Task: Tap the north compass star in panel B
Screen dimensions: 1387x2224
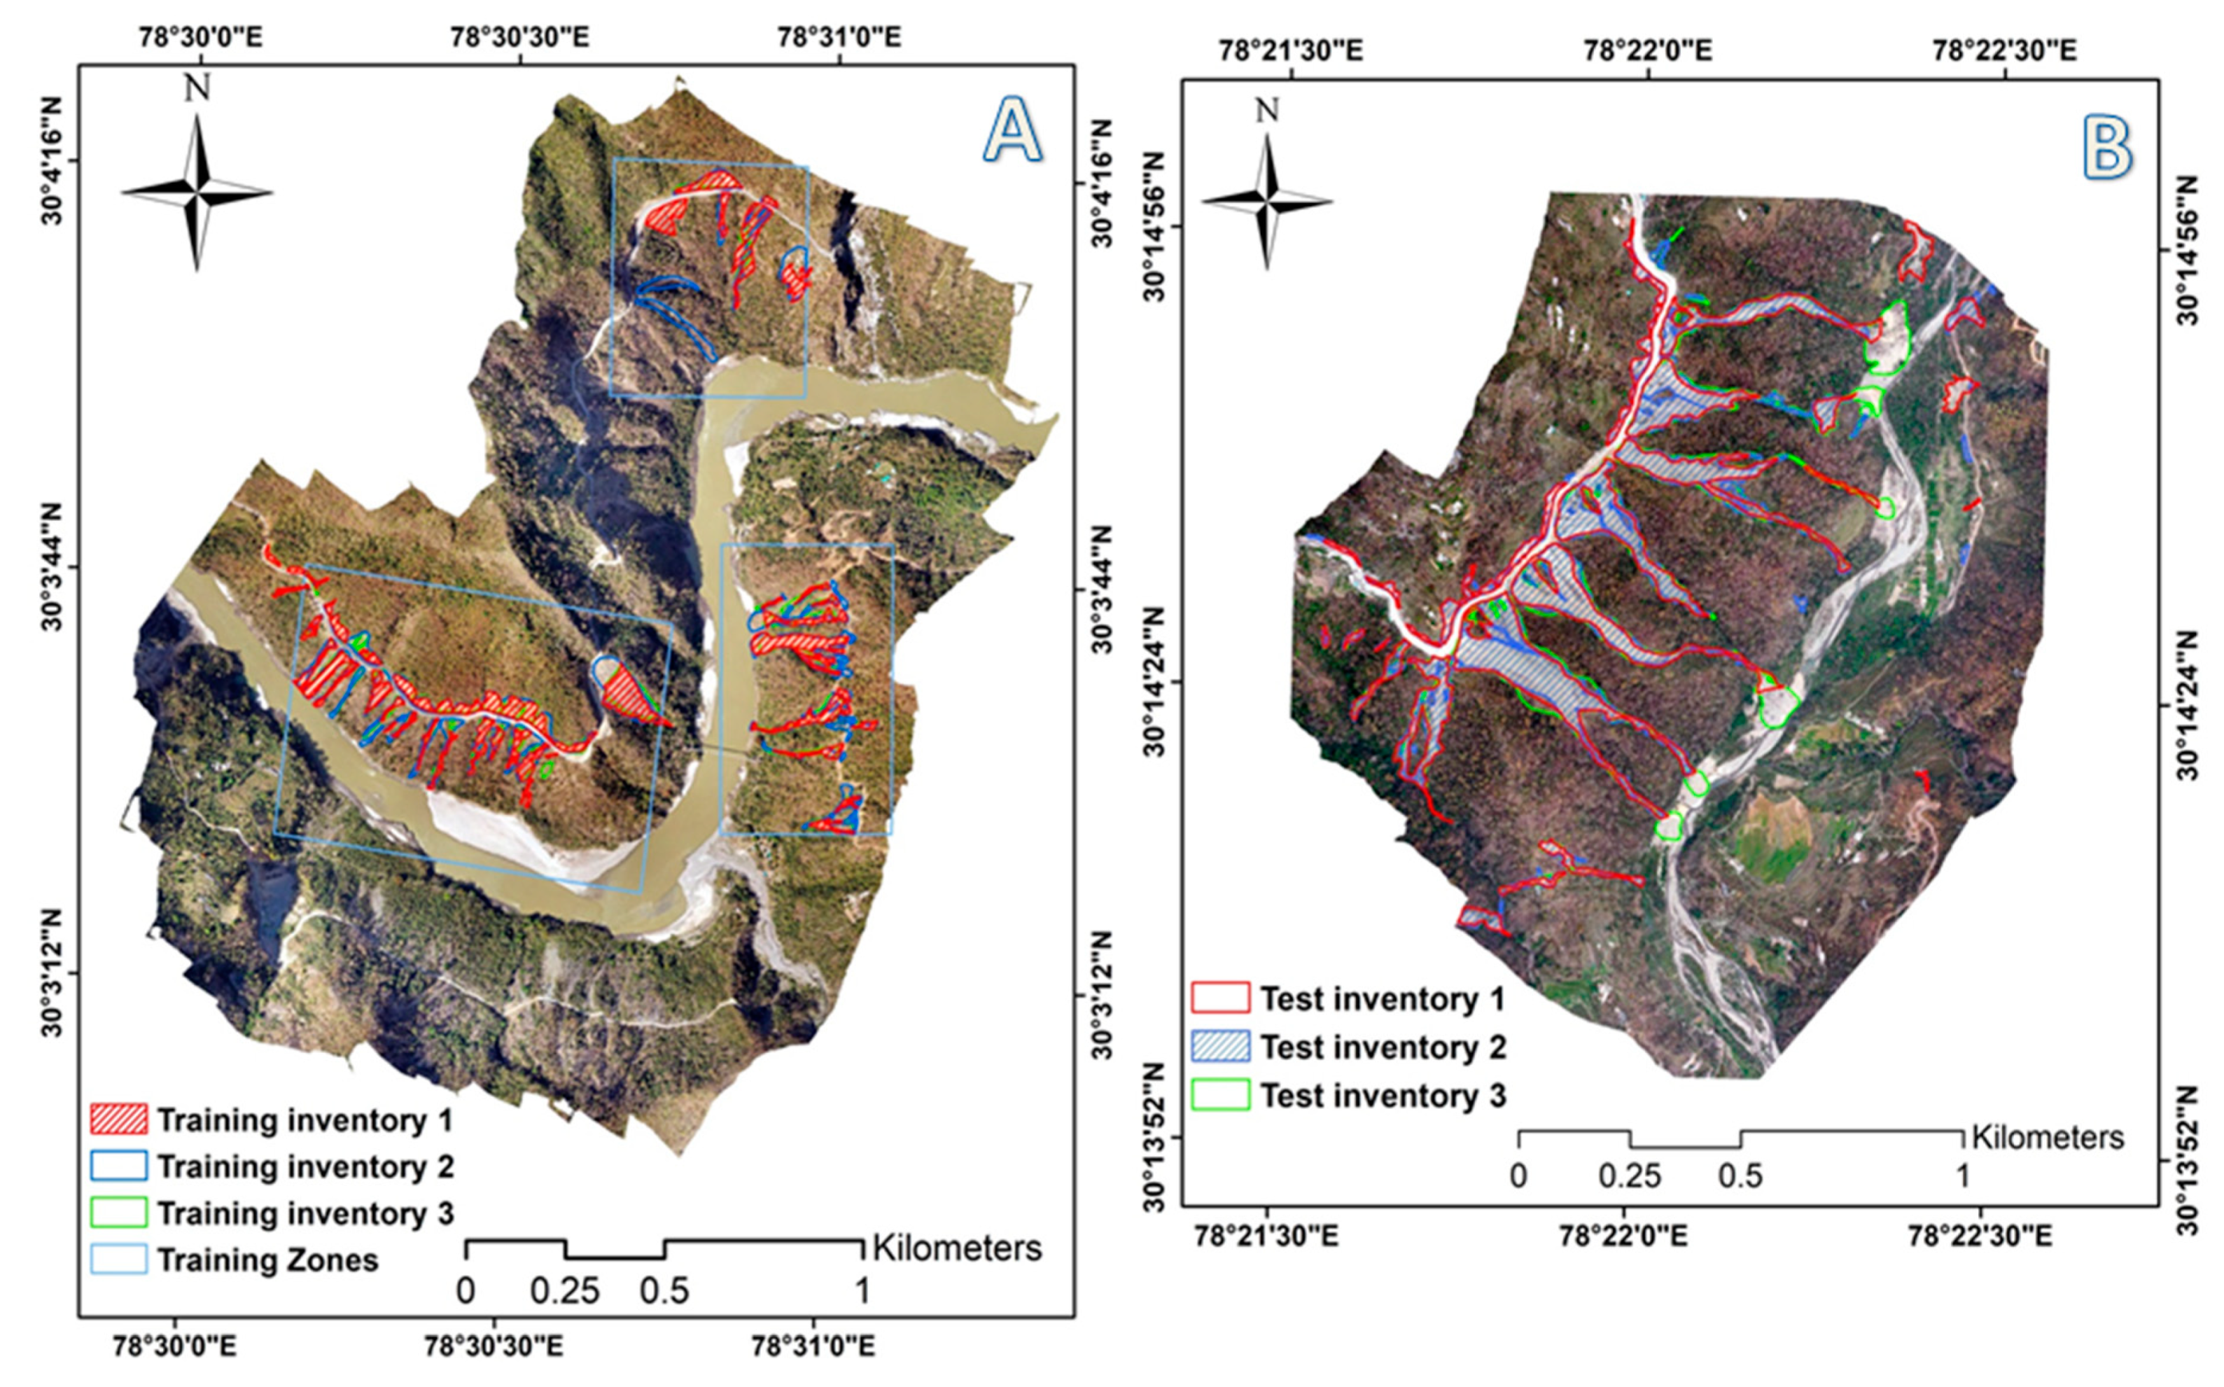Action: click(1266, 201)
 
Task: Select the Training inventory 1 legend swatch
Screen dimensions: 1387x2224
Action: click(118, 1120)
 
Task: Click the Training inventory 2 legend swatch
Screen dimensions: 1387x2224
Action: click(118, 1166)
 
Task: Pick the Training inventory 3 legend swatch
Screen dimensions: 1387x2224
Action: click(118, 1213)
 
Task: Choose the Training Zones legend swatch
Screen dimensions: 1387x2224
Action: click(118, 1260)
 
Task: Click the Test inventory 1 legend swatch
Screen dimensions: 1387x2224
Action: click(1221, 998)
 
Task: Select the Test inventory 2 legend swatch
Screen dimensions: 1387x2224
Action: click(1221, 1047)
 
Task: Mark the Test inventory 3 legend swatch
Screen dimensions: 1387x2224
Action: click(1221, 1095)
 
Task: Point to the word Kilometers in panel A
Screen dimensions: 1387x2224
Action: click(956, 1248)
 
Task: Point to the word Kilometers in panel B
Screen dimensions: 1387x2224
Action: click(2047, 1138)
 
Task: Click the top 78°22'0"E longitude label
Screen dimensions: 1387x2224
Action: click(1647, 50)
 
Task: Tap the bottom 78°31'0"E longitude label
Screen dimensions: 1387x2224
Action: click(813, 1346)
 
